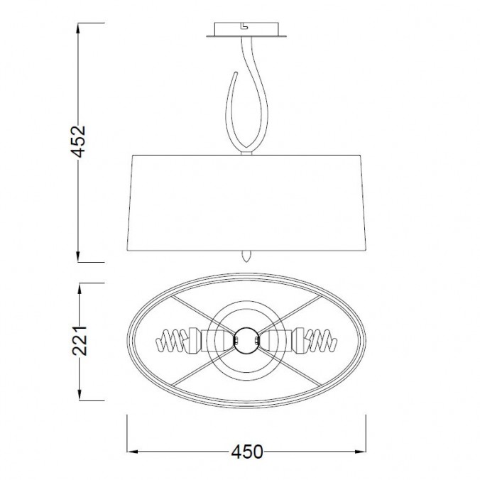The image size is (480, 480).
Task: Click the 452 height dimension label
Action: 78,141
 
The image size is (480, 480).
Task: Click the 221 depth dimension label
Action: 80,341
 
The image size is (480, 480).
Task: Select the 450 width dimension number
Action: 246,452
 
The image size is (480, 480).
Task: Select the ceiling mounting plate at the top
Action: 246,30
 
